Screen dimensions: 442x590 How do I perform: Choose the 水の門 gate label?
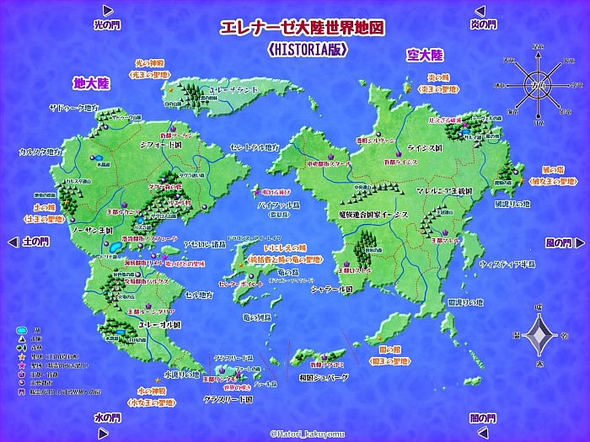[107, 418]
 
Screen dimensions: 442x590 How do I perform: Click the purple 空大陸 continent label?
[424, 56]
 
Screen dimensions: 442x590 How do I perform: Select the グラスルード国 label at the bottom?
[228, 399]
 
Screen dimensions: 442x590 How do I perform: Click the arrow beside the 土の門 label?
[11, 242]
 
